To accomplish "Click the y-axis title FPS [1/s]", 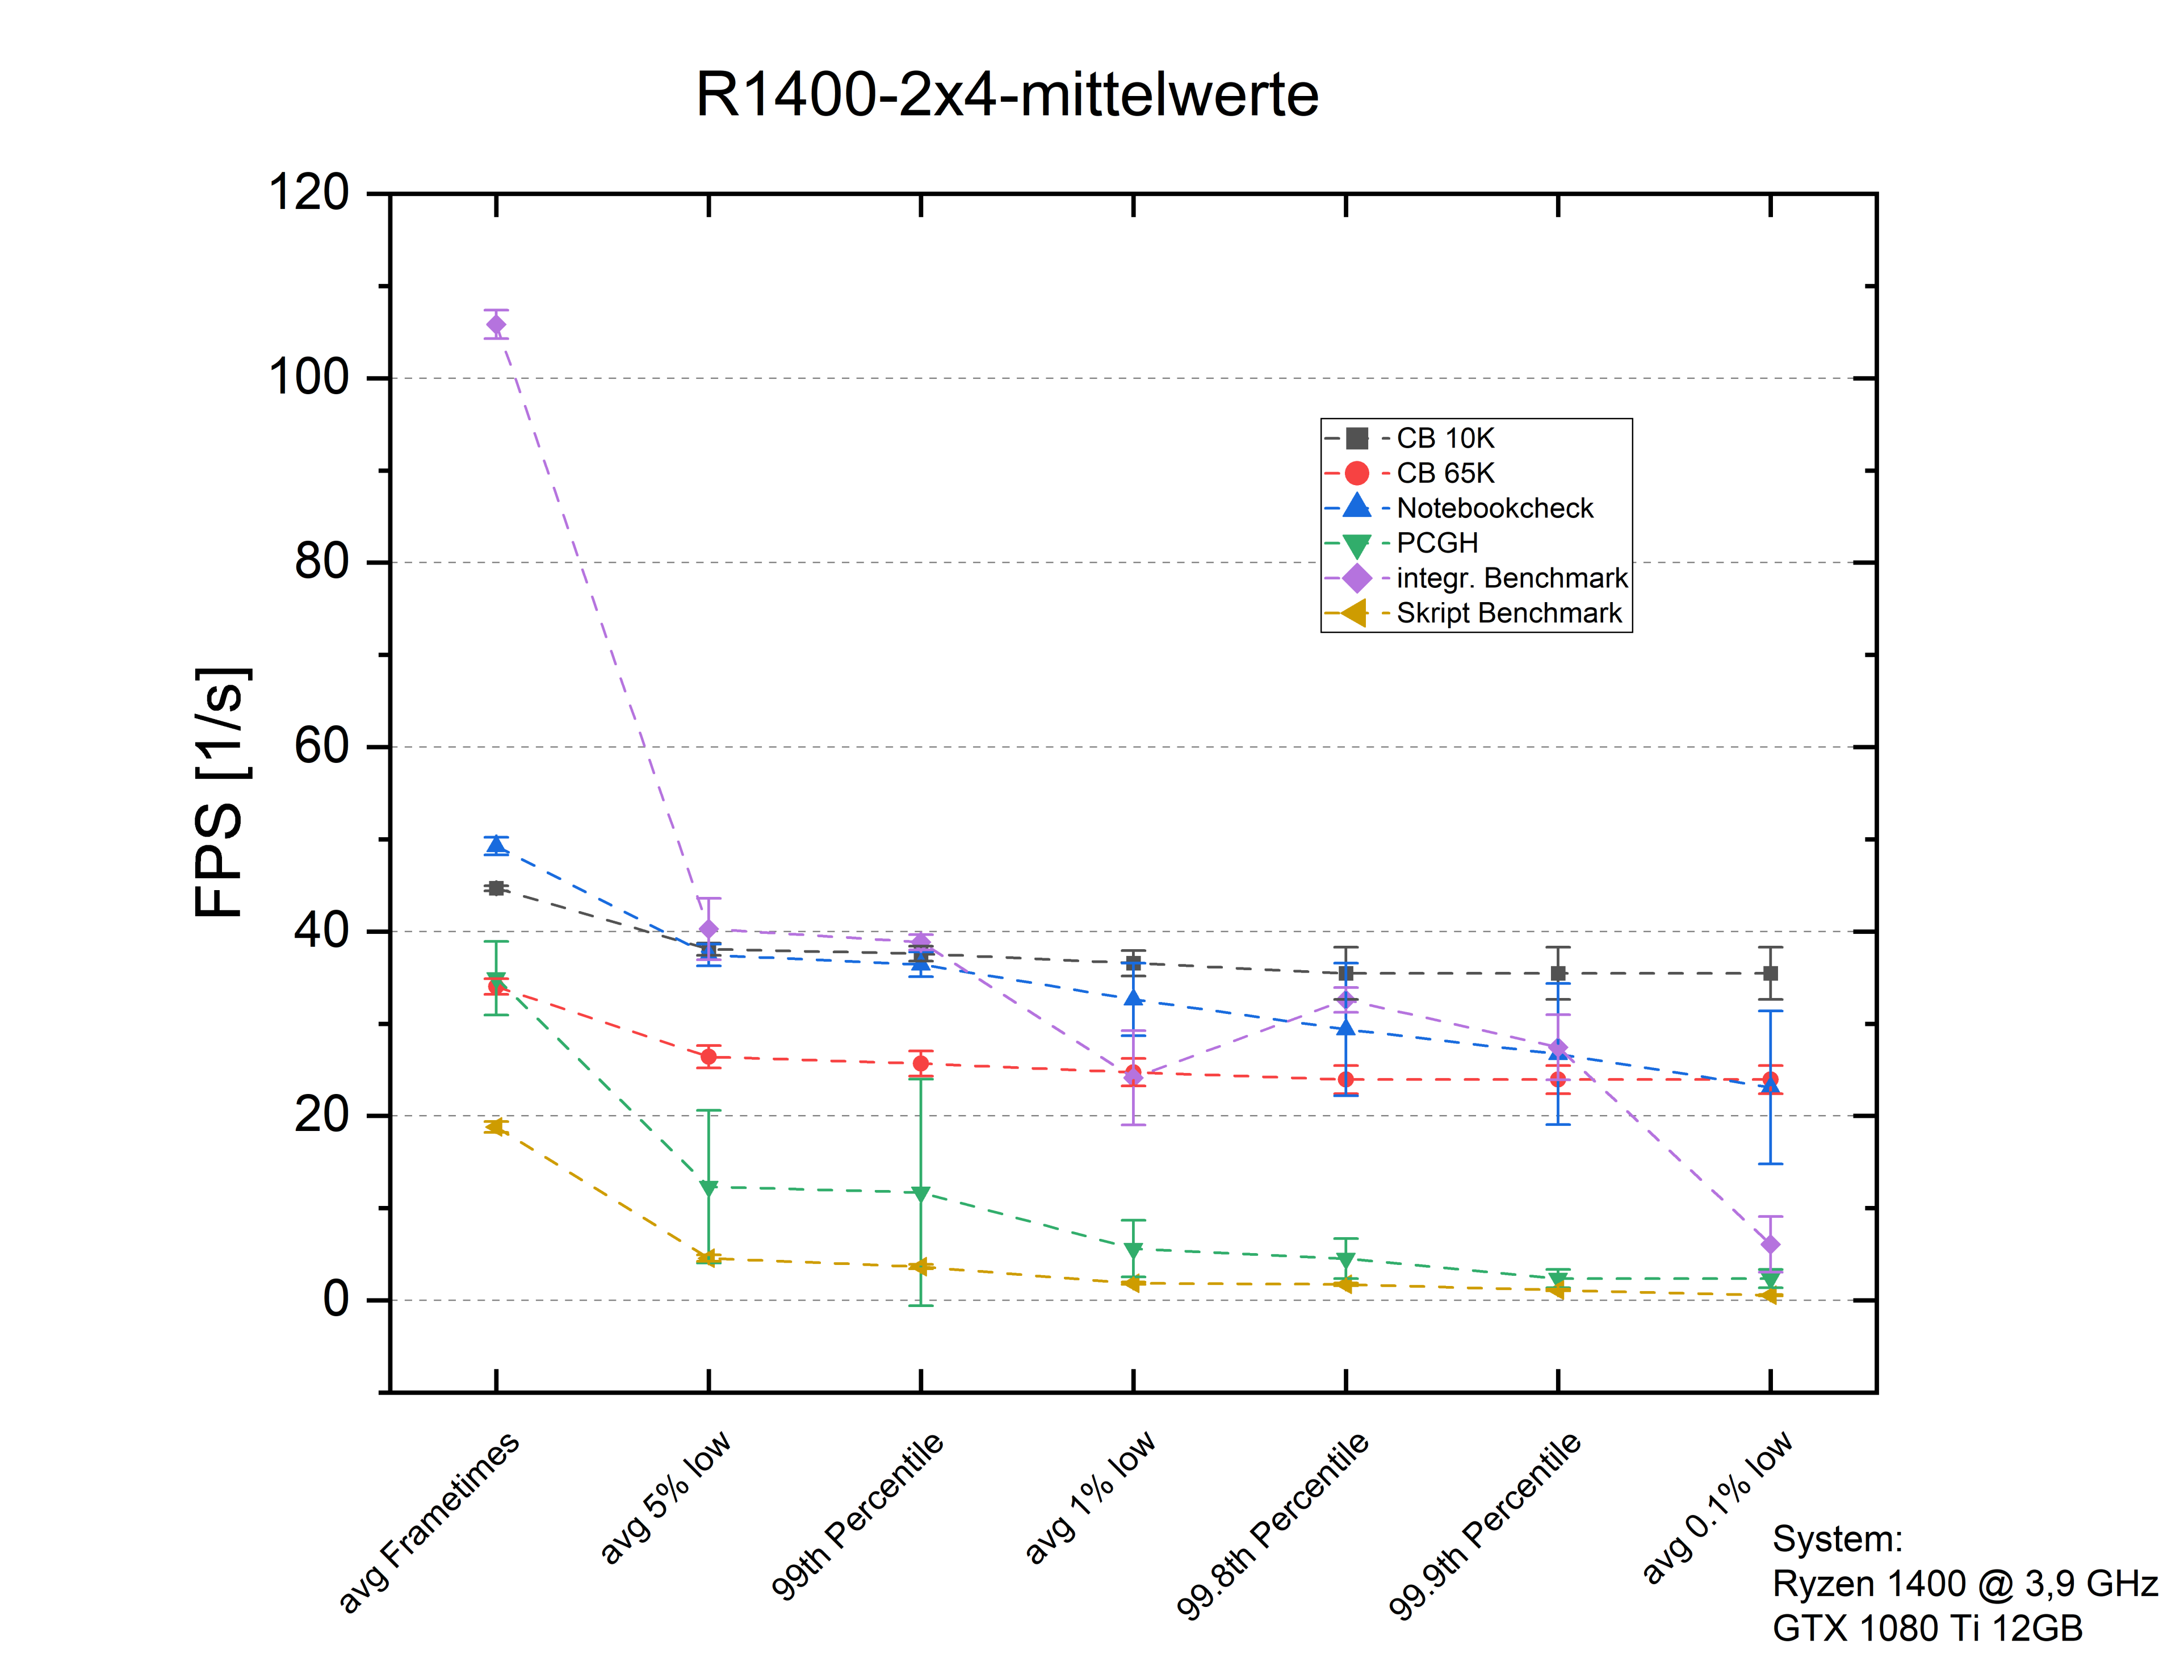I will pos(221,792).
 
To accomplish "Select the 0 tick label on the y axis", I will pos(336,1299).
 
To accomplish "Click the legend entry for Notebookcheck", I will pos(1494,508).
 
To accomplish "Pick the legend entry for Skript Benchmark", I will pos(1507,613).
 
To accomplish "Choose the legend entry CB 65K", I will pos(1444,473).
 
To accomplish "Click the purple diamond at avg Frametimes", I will pos(496,325).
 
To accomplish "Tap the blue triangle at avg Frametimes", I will pos(496,845).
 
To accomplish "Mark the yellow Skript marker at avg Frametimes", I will pos(495,1126).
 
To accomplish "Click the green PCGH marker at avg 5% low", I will pos(708,1188).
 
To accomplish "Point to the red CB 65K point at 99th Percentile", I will pos(920,1063).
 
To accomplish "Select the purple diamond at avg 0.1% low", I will pos(1770,1245).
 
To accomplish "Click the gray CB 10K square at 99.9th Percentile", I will pos(1558,973).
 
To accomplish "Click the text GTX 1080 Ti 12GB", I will pos(1927,1628).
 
